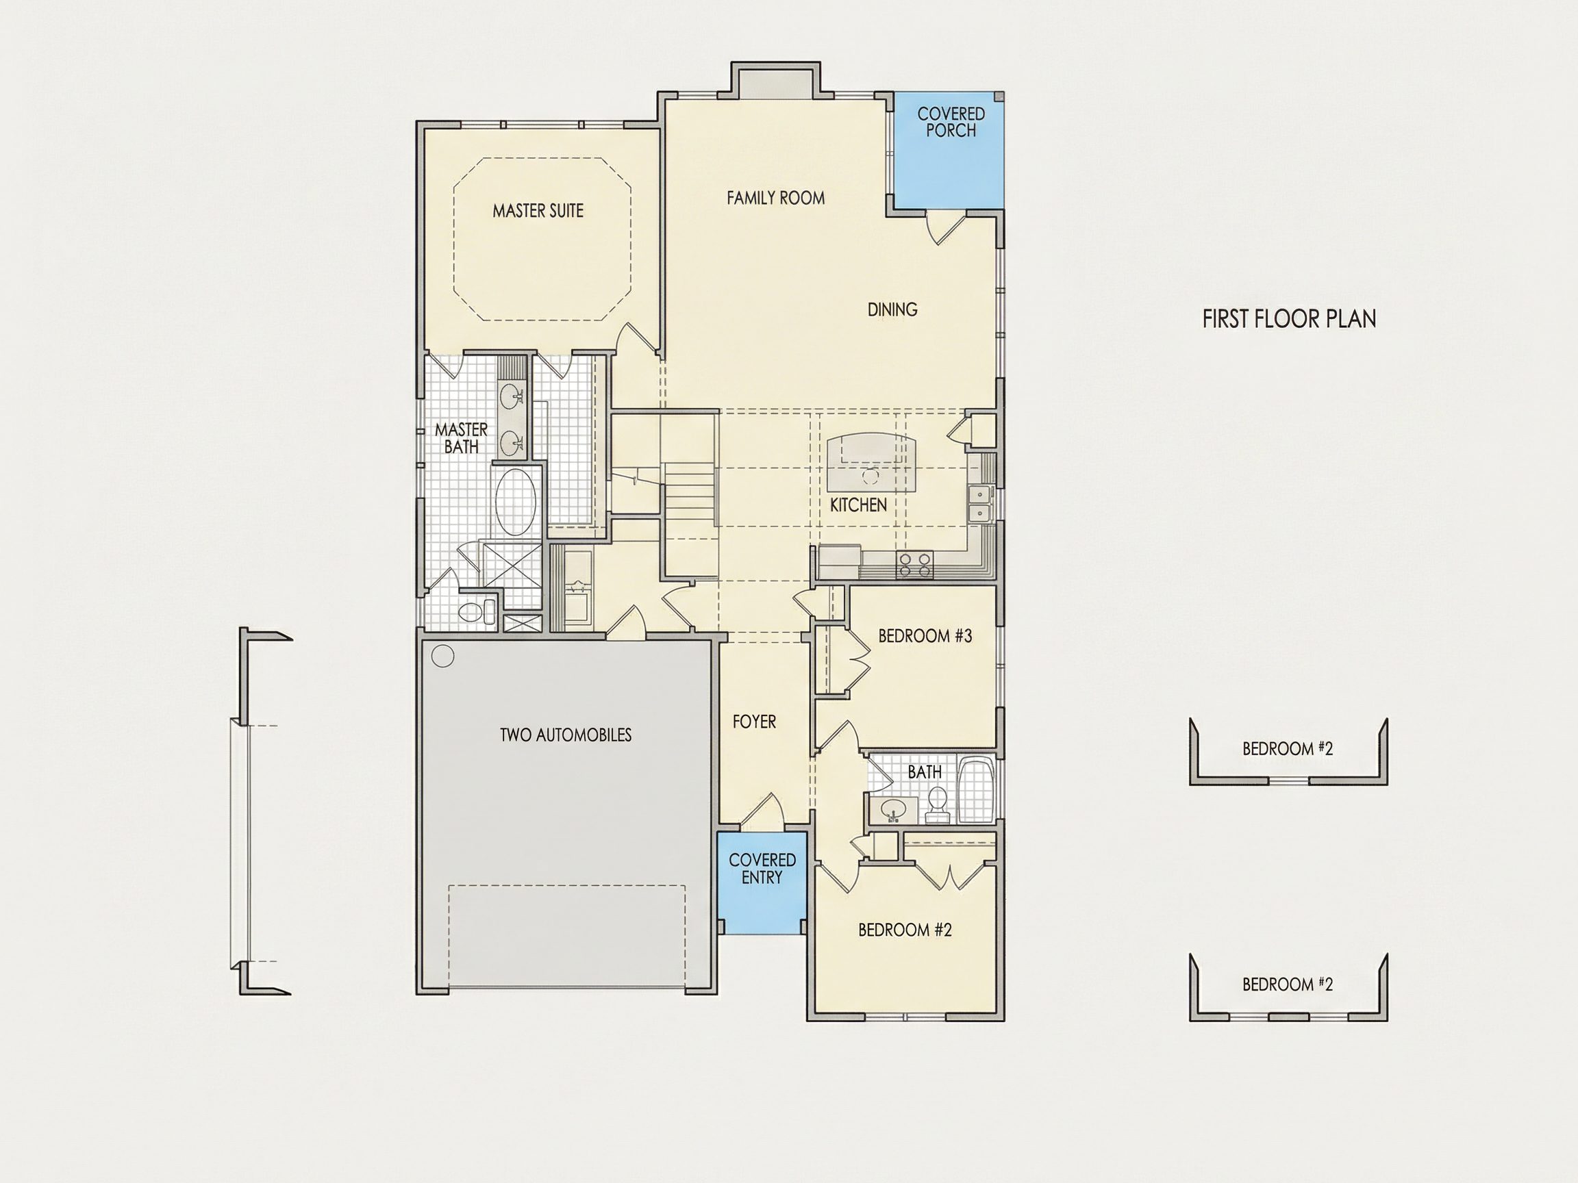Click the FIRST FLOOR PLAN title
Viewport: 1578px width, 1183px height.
(1289, 319)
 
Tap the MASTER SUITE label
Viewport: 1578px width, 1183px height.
(538, 210)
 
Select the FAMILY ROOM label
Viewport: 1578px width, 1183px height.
(775, 198)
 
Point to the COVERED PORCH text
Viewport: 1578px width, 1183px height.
(951, 122)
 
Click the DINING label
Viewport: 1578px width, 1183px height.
(892, 309)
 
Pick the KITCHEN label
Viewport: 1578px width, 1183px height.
(858, 505)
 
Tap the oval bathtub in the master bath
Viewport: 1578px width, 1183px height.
(515, 502)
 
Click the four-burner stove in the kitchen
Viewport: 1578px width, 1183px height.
(914, 565)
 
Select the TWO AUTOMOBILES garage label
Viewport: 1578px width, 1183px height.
(566, 735)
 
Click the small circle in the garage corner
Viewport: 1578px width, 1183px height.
(443, 656)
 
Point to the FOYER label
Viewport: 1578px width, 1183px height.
(754, 722)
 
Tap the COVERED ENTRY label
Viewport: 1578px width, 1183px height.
(762, 869)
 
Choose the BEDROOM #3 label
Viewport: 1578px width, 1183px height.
(925, 635)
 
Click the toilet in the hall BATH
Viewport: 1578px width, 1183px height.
(936, 804)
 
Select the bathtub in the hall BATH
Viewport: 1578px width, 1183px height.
(976, 790)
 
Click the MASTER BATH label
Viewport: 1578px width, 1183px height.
(461, 438)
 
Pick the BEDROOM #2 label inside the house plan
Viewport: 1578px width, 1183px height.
(905, 930)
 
